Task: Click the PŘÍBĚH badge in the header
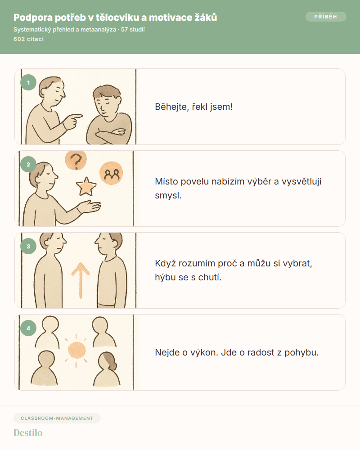coord(326,17)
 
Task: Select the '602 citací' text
coord(29,39)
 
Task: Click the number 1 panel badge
coord(28,83)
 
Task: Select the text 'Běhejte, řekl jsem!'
coord(194,107)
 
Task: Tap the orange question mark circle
coord(76,160)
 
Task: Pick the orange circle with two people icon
coord(111,173)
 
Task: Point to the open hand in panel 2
coord(89,207)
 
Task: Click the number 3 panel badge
coord(28,246)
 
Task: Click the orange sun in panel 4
coord(76,350)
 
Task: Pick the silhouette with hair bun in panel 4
coord(107,369)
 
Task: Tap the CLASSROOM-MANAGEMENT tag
coord(57,418)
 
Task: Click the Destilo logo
coord(28,433)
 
